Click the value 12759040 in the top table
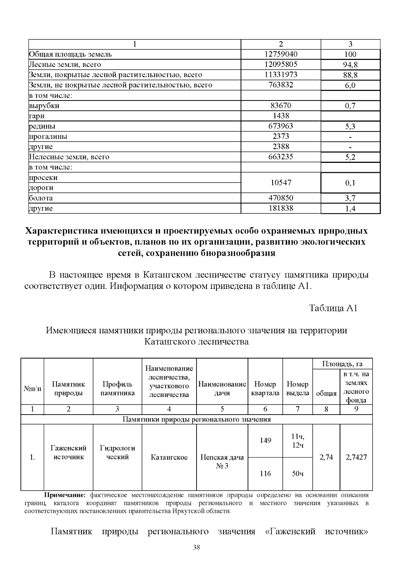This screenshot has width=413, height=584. tap(280, 54)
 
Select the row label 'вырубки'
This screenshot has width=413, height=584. tap(44, 106)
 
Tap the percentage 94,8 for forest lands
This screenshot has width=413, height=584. tap(350, 65)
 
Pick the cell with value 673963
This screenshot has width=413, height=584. tap(280, 126)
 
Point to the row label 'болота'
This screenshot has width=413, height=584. tap(41, 198)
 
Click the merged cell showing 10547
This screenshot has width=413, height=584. tap(280, 183)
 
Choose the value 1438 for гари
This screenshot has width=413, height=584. tap(280, 116)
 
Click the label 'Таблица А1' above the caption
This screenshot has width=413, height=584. tap(333, 307)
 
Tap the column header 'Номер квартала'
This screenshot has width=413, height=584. tap(265, 388)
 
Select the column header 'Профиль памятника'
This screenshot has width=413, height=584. tap(117, 388)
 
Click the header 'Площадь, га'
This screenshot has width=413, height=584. tap(342, 364)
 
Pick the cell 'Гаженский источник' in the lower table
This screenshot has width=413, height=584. tap(68, 452)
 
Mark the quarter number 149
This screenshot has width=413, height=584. tap(265, 440)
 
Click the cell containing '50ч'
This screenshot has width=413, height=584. tap(297, 474)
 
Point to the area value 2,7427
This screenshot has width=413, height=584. tap(356, 457)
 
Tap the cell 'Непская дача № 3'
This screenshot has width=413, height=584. tap(222, 461)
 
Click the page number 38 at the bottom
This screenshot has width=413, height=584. tap(197, 547)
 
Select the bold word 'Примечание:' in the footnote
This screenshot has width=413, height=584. tap(64, 495)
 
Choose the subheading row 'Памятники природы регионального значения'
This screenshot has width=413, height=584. tap(197, 419)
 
